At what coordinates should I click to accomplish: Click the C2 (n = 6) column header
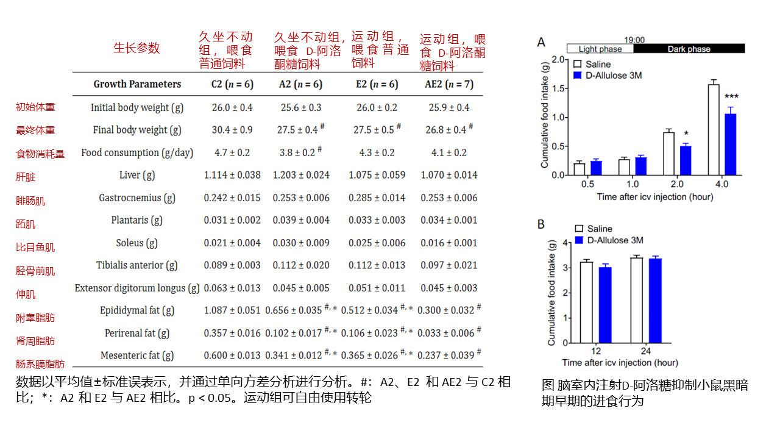tap(227, 84)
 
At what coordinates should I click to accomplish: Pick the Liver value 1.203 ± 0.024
tap(297, 175)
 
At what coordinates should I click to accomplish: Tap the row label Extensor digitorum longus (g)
tap(137, 288)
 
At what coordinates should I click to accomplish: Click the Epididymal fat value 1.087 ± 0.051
tap(232, 310)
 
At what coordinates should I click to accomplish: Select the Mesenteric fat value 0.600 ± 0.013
tap(232, 355)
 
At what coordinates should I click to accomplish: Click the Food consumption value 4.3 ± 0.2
tap(377, 152)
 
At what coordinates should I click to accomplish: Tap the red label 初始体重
tap(35, 107)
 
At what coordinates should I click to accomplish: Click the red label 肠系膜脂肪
tap(40, 365)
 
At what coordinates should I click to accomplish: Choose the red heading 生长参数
tap(136, 48)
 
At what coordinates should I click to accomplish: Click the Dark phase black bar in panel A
tap(689, 49)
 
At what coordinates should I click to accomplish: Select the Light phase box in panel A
tap(600, 49)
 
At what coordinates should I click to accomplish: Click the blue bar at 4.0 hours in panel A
tap(731, 145)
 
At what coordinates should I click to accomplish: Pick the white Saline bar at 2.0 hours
tap(669, 154)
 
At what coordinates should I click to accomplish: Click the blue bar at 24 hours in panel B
tap(654, 301)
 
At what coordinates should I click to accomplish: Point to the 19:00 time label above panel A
tap(634, 40)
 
